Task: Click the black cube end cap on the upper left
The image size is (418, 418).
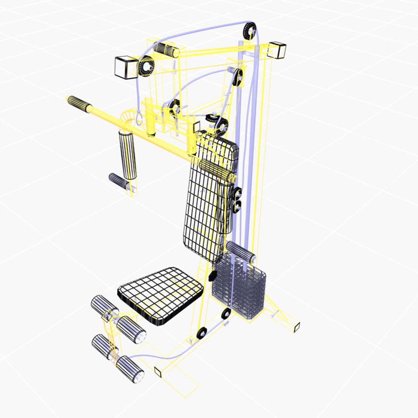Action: click(126, 67)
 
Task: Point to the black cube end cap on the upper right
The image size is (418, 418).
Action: click(277, 50)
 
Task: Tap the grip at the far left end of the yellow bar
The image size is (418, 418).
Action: click(80, 104)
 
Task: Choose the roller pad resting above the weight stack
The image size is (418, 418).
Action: click(241, 252)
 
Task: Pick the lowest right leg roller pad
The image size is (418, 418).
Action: click(130, 369)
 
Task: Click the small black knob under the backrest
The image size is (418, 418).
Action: click(212, 276)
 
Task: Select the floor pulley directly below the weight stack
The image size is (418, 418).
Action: click(226, 313)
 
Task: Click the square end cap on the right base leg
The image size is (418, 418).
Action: click(297, 327)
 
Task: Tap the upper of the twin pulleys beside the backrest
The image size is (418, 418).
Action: click(237, 192)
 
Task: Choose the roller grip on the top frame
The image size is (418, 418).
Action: click(166, 50)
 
